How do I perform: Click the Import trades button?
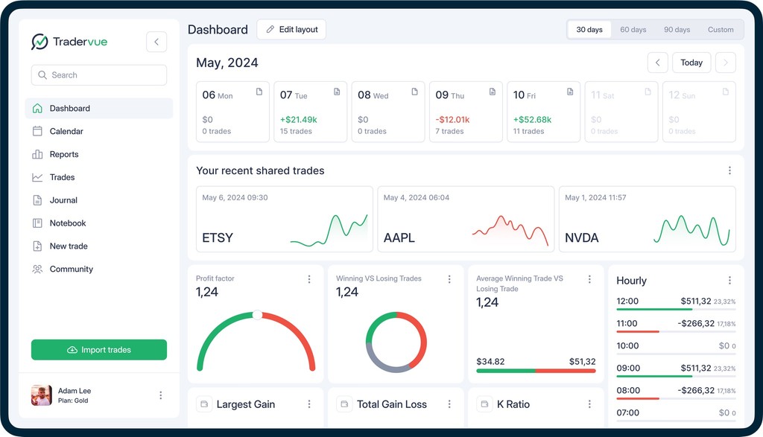(98, 350)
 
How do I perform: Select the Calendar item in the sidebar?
(66, 131)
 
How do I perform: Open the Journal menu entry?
(63, 200)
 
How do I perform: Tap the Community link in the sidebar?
(71, 269)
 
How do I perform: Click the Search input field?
(98, 75)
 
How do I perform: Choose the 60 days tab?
(633, 30)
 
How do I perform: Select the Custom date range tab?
(720, 30)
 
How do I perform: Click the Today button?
(691, 63)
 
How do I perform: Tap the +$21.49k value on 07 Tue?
(298, 119)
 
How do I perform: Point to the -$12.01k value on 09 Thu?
(452, 119)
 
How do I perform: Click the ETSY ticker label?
(218, 238)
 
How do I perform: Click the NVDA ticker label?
(581, 238)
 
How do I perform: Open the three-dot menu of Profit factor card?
(309, 279)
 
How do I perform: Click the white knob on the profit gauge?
(257, 315)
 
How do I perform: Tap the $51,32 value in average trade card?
(582, 362)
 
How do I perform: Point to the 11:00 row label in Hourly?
(627, 324)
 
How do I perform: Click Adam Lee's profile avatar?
(41, 395)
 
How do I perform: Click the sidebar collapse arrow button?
(156, 42)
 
